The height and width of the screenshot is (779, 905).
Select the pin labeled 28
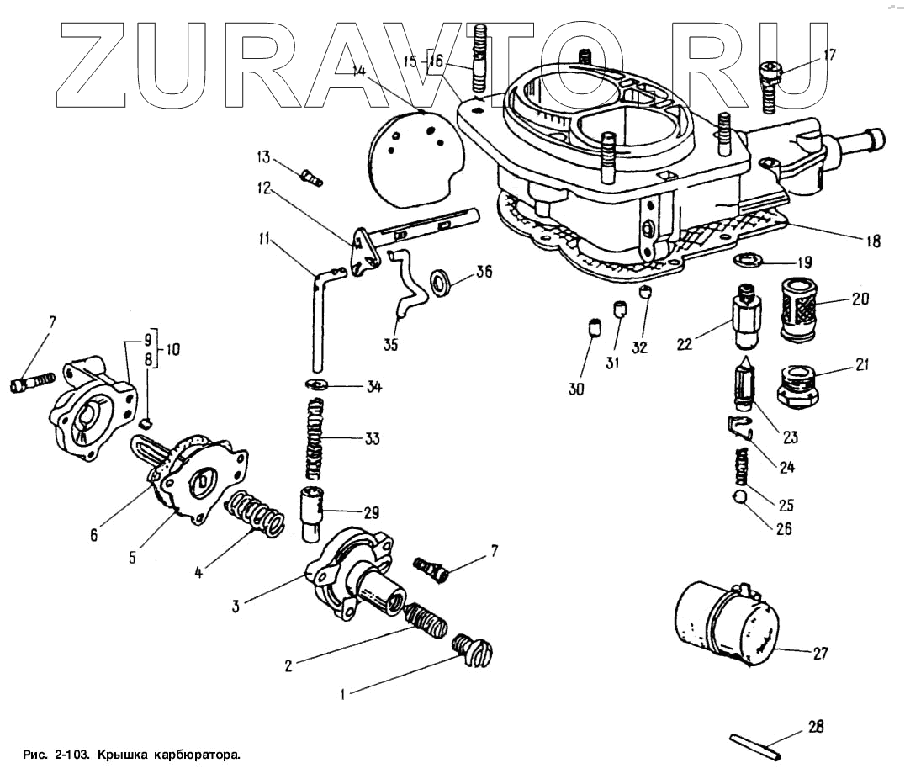pyautogui.click(x=754, y=746)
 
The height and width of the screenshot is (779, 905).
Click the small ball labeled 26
pyautogui.click(x=740, y=498)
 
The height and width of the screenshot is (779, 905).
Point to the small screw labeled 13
pyautogui.click(x=311, y=178)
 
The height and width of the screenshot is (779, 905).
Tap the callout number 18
pyautogui.click(x=871, y=241)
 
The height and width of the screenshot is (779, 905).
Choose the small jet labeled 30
pyautogui.click(x=592, y=327)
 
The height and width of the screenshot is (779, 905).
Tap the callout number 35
pyautogui.click(x=390, y=345)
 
